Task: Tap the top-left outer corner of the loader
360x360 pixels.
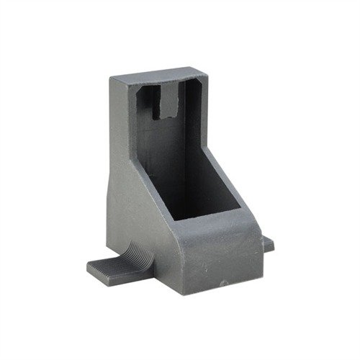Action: (113, 78)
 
